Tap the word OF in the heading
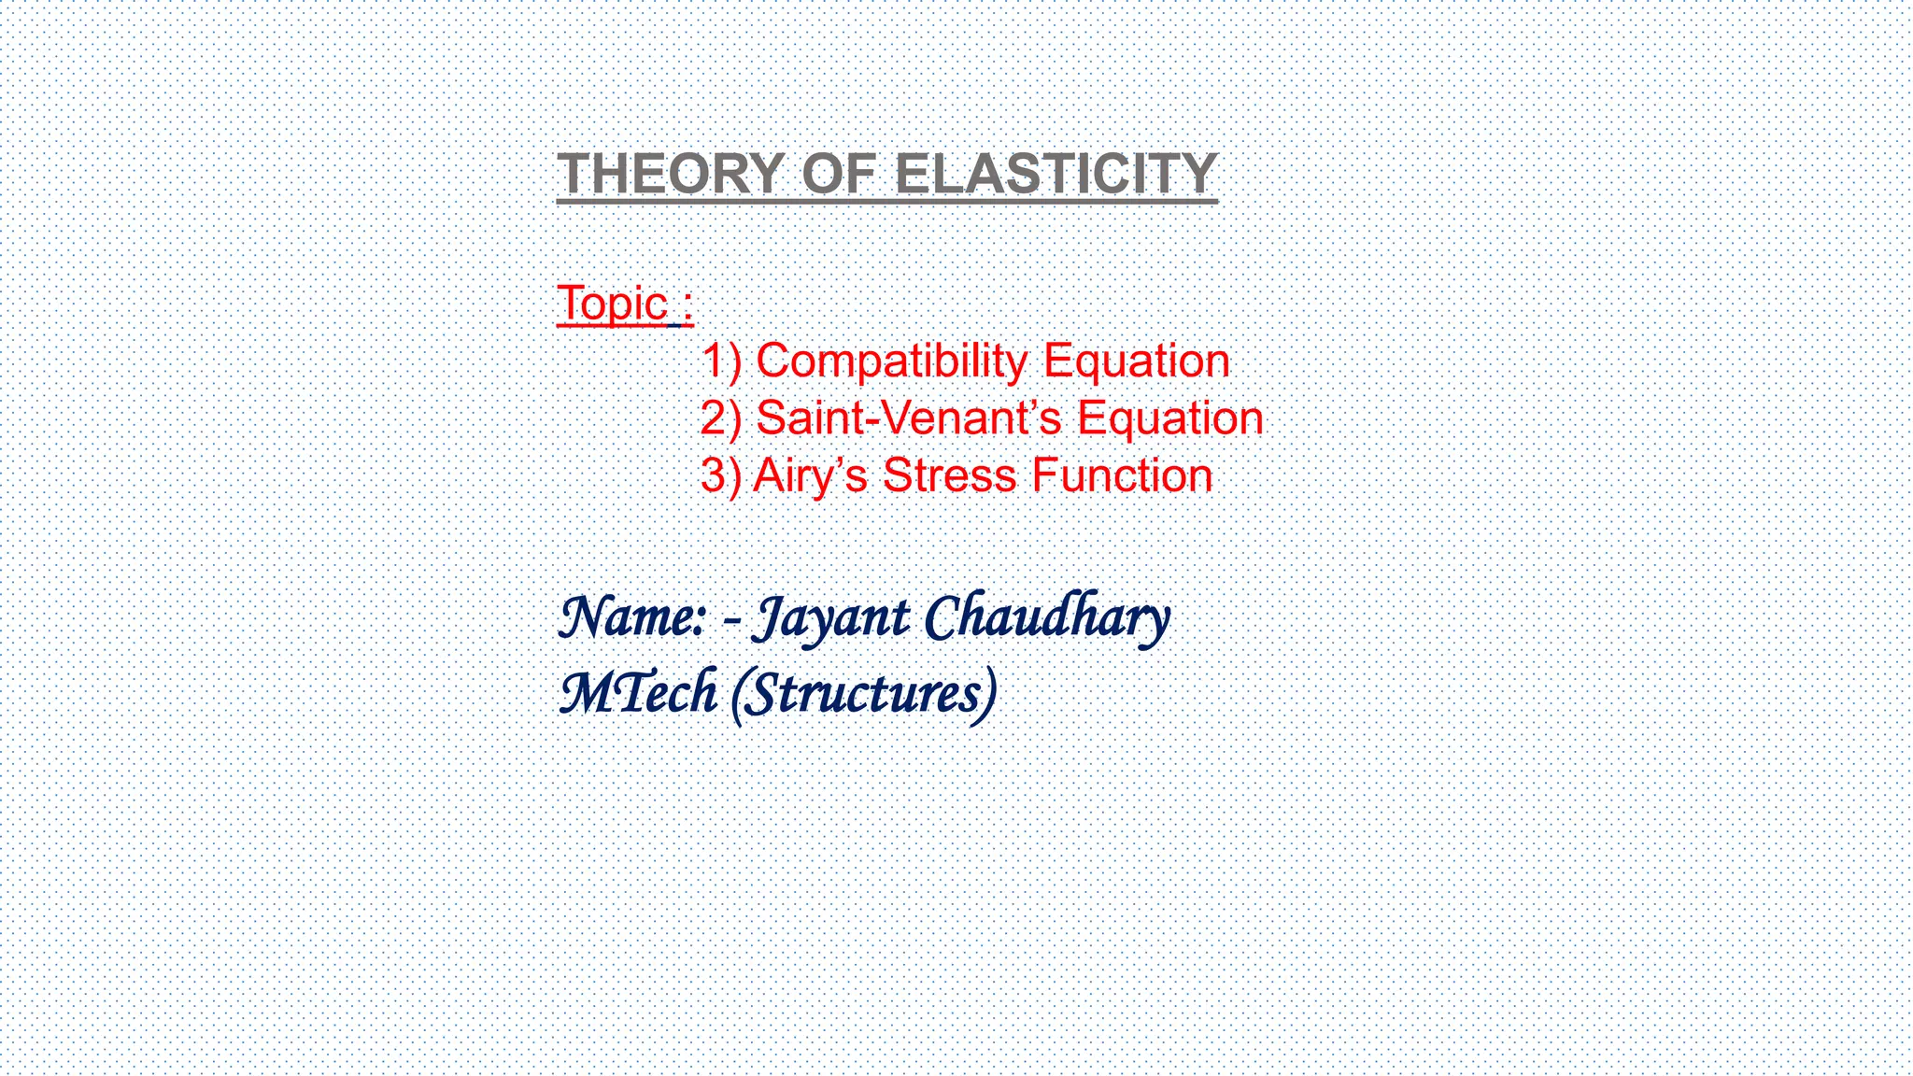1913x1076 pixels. point(839,174)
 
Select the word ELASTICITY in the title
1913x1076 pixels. point(1056,174)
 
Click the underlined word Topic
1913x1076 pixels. point(613,304)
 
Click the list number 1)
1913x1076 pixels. point(721,361)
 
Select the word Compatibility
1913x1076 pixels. point(891,361)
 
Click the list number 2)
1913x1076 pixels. point(721,418)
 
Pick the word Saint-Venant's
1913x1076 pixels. point(908,418)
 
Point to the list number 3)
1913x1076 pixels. point(721,475)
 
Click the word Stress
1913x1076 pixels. point(949,475)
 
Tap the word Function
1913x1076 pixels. point(1122,475)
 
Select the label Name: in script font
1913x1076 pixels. point(631,618)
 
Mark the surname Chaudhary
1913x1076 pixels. point(1046,618)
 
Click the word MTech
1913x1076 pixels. point(639,693)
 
